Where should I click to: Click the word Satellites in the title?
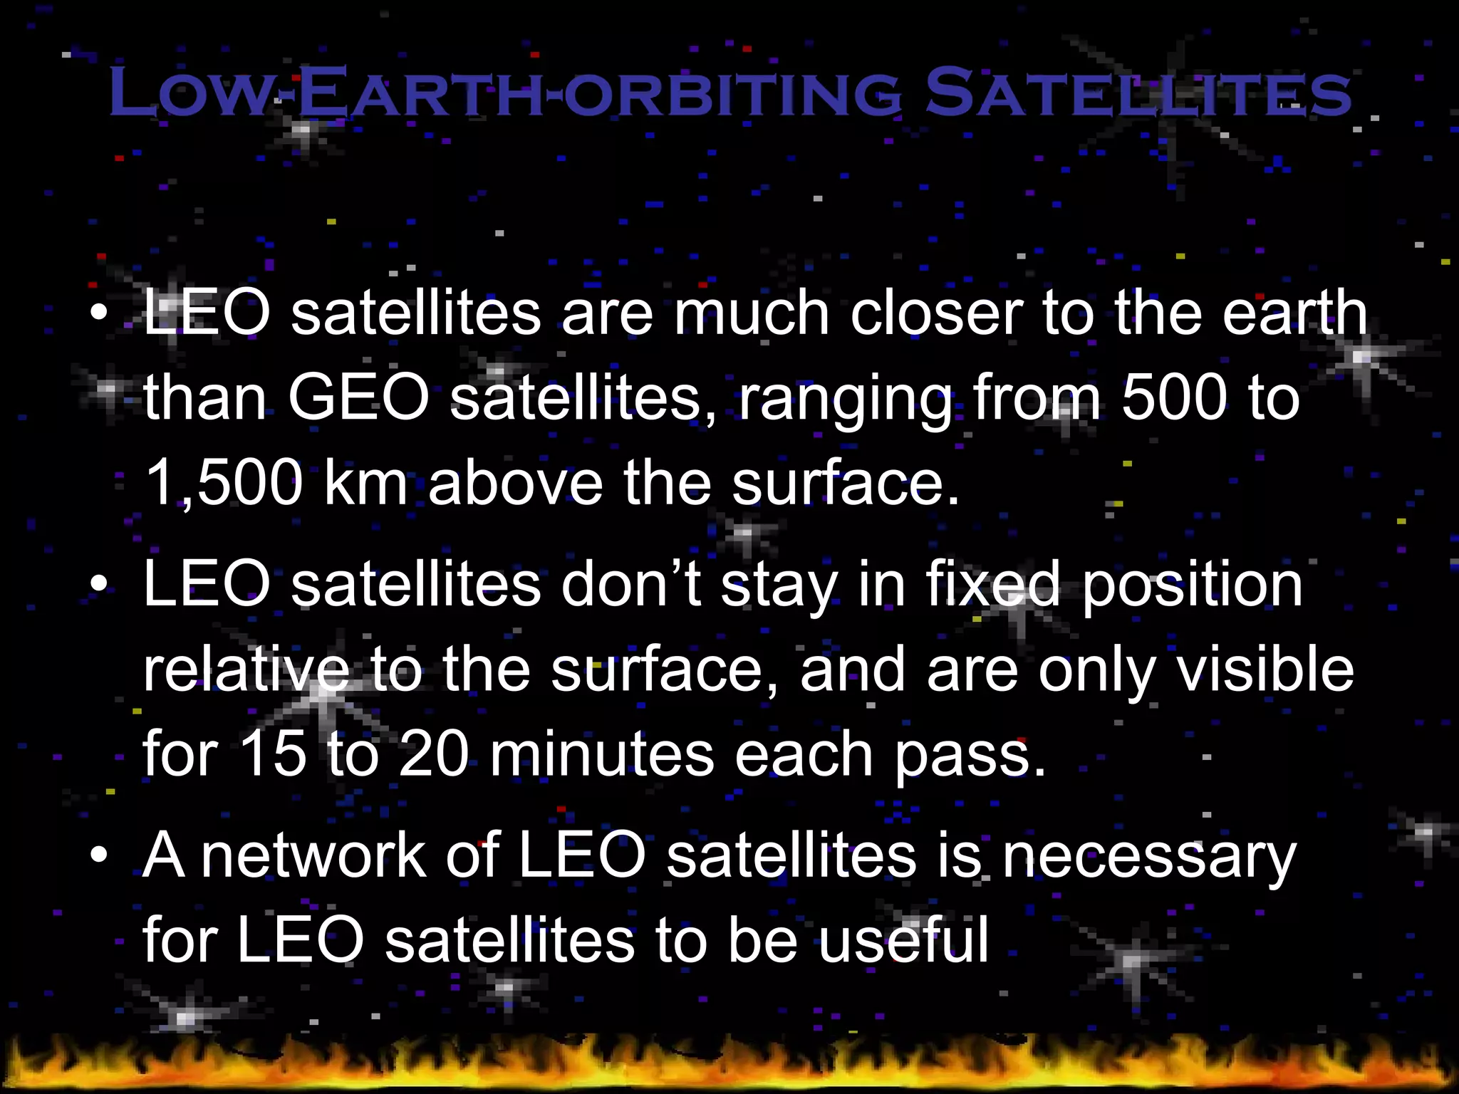pos(1137,93)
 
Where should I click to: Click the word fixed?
pos(992,584)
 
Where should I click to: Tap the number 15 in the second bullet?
pos(273,755)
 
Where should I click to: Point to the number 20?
pos(432,755)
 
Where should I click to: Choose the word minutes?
pos(602,755)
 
